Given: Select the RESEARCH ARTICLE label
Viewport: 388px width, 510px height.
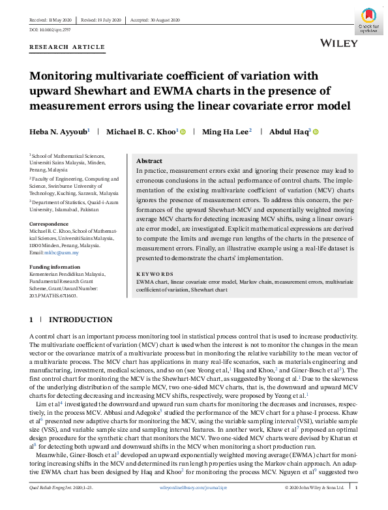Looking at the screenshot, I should [67, 47].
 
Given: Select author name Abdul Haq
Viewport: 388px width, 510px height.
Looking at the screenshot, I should [291, 132].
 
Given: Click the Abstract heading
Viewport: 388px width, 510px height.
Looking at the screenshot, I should [149, 161].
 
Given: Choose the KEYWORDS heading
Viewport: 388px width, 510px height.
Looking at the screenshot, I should [155, 274].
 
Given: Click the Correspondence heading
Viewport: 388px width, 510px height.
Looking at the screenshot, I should [50, 224].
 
